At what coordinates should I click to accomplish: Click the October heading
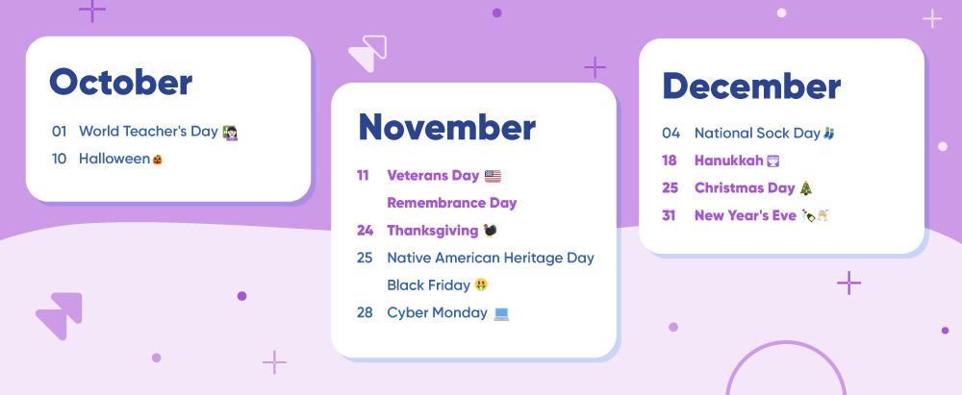tap(121, 83)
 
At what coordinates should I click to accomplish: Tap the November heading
tap(446, 127)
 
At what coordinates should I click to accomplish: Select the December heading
tap(751, 86)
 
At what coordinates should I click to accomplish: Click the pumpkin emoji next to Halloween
tap(158, 160)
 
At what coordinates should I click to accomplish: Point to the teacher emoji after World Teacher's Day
tap(230, 132)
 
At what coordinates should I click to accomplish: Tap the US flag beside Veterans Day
tap(493, 176)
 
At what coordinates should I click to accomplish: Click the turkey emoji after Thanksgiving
tap(490, 231)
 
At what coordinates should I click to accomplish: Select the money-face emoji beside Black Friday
tap(482, 285)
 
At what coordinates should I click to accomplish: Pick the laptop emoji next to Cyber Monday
tap(502, 313)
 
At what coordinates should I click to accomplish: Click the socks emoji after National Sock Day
tap(829, 133)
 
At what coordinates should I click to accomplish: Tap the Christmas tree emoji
tap(805, 188)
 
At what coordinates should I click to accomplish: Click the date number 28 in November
tap(365, 312)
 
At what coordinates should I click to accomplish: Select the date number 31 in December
tap(669, 215)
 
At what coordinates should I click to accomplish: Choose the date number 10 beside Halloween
tap(59, 159)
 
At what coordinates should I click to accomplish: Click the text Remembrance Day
tap(452, 203)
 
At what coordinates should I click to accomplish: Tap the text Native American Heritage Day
tap(491, 258)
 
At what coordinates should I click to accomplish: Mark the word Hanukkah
tap(729, 160)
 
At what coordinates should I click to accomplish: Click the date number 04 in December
tap(671, 133)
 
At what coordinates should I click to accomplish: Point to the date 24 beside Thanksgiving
tap(365, 231)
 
